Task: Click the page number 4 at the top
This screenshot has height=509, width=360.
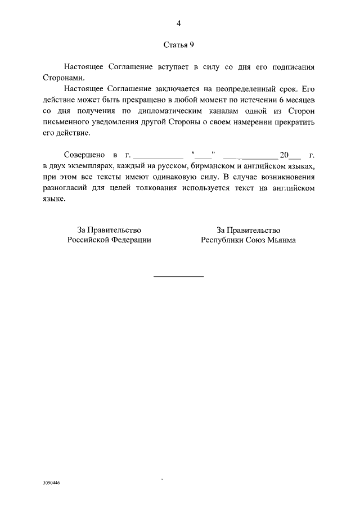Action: [178, 23]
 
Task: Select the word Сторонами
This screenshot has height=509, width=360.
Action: [63, 77]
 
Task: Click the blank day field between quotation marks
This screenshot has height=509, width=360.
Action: [204, 155]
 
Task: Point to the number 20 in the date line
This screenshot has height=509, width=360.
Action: [283, 155]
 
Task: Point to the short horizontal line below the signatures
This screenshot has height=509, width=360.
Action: [178, 276]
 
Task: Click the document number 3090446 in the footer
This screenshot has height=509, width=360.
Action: [51, 483]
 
